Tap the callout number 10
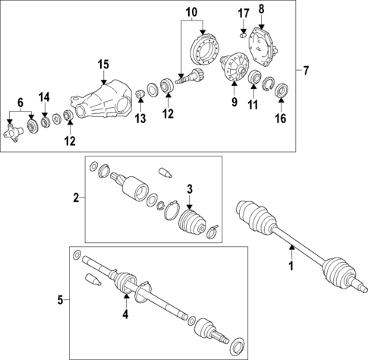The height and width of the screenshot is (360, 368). (190, 12)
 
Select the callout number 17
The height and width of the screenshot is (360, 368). (243, 13)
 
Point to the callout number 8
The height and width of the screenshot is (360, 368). (262, 9)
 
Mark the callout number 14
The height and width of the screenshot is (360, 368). (45, 96)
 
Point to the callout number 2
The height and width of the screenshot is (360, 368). (77, 198)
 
